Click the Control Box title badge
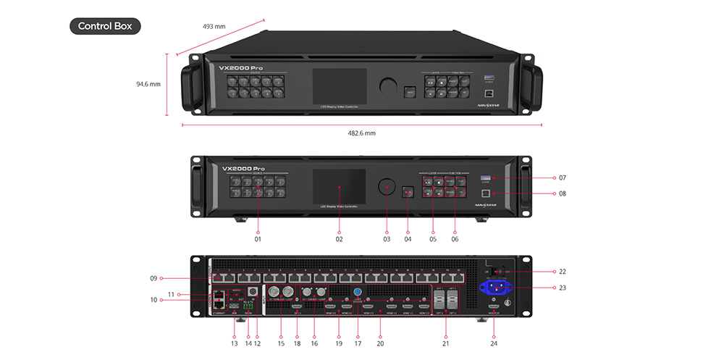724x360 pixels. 105,27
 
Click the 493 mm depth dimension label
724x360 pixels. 214,27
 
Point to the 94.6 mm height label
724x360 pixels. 148,84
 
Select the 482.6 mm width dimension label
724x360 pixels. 361,133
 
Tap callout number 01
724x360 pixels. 257,238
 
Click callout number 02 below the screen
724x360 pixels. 339,238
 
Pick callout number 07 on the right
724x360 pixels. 562,177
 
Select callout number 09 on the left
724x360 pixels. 153,277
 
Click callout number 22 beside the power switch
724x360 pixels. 562,272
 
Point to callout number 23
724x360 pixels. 562,287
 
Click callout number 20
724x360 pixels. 380,343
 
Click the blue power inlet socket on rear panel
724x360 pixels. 495,286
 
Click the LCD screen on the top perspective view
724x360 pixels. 339,88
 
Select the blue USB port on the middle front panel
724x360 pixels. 487,177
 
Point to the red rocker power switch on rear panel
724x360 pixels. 495,272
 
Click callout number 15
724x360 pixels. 281,343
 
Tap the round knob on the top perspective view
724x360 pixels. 388,86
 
